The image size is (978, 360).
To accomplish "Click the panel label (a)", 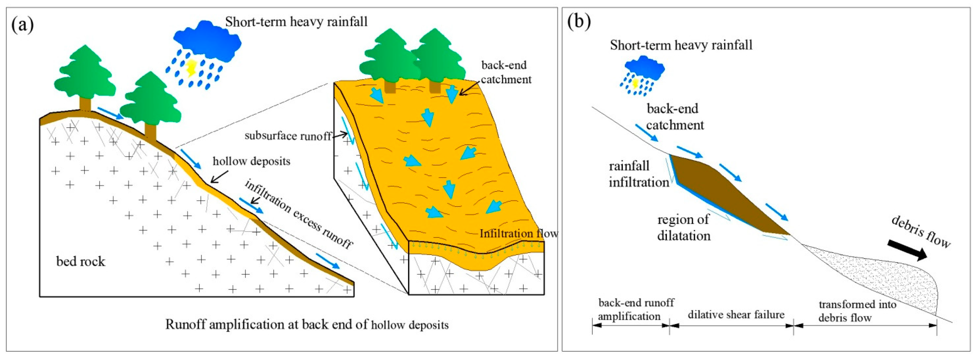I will click(x=23, y=25).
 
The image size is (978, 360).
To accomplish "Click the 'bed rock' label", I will click(x=81, y=261).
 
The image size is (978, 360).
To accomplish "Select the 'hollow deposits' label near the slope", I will click(x=251, y=161).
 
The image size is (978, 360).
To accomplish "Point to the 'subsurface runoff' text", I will click(x=288, y=136).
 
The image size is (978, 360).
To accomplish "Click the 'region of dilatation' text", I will click(x=684, y=227).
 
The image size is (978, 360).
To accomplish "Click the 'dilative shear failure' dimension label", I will click(x=736, y=314).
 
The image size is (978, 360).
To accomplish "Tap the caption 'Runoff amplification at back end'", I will click(x=307, y=324).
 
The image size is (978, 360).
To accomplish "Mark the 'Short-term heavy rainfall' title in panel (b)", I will click(x=681, y=45).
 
